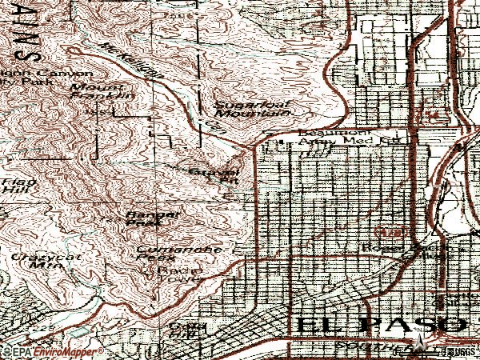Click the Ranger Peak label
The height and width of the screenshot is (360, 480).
pos(146,219)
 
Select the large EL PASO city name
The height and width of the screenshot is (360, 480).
pos(380,325)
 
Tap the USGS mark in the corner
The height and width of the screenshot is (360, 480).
pos(463,351)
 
